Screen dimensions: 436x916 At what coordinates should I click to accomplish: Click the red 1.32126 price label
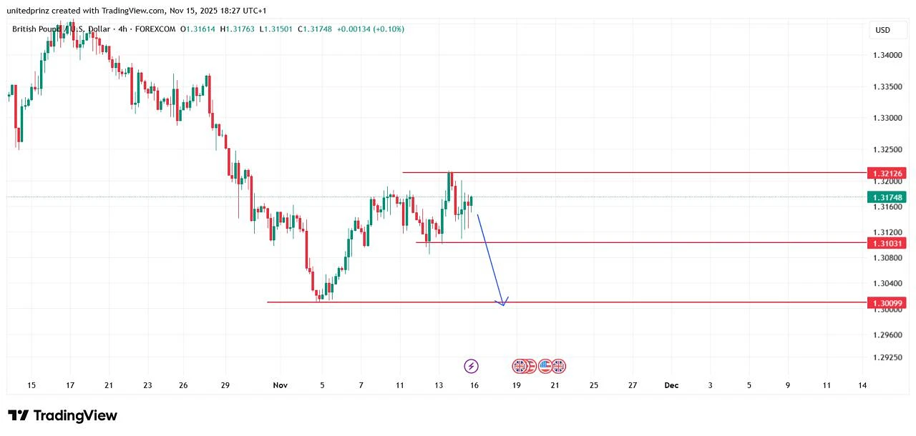click(x=886, y=173)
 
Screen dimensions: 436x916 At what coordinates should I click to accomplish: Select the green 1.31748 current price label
click(x=886, y=197)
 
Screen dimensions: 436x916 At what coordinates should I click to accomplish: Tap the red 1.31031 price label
click(x=886, y=243)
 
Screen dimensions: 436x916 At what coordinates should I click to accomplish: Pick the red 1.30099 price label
click(x=886, y=303)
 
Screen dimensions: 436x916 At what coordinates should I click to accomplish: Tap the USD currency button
click(x=882, y=30)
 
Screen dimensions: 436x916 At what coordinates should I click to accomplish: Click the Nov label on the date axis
click(x=280, y=385)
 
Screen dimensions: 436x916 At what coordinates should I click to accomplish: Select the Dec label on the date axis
click(x=671, y=385)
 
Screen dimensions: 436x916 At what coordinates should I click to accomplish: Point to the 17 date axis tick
click(x=70, y=385)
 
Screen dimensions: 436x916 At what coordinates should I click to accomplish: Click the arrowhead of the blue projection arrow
click(x=503, y=304)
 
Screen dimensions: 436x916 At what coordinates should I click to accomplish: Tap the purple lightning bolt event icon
click(x=471, y=367)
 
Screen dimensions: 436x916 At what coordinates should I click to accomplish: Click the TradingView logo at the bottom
click(x=62, y=415)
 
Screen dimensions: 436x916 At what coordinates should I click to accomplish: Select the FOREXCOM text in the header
click(x=155, y=29)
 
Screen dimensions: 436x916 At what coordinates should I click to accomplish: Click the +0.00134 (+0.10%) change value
click(x=371, y=29)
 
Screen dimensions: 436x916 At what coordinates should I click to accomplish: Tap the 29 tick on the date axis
click(x=225, y=385)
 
